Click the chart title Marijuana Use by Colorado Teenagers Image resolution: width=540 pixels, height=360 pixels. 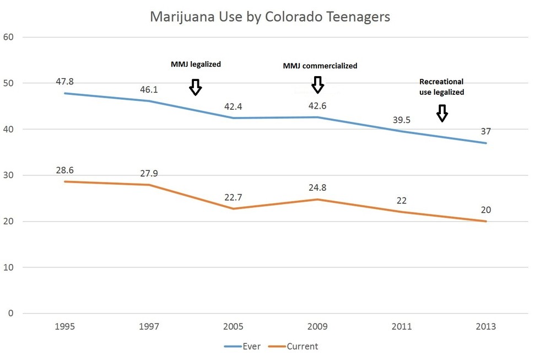pyautogui.click(x=270, y=17)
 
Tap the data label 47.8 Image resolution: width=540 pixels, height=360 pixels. pyautogui.click(x=65, y=82)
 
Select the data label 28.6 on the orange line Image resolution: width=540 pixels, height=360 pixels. pyautogui.click(x=65, y=170)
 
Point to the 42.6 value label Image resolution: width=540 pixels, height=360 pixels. pyautogui.click(x=317, y=106)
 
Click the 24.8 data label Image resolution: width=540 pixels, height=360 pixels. pyautogui.click(x=317, y=188)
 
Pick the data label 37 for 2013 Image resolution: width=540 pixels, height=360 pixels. pyautogui.click(x=485, y=131)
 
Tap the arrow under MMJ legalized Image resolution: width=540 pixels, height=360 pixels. pyautogui.click(x=195, y=87)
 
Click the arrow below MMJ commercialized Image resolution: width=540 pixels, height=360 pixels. pyautogui.click(x=317, y=84)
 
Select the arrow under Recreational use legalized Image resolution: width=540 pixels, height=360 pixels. pyautogui.click(x=441, y=113)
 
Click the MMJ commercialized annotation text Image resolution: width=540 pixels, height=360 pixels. pyautogui.click(x=320, y=66)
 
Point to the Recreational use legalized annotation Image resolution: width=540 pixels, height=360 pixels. pyautogui.click(x=441, y=87)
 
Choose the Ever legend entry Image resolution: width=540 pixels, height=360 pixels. pyautogui.click(x=242, y=346)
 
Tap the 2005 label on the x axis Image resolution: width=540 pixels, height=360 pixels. pyautogui.click(x=233, y=326)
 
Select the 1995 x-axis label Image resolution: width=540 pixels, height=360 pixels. pyautogui.click(x=65, y=326)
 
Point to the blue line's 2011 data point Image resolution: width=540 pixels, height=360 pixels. pyautogui.click(x=402, y=131)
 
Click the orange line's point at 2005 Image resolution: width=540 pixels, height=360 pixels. pyautogui.click(x=233, y=208)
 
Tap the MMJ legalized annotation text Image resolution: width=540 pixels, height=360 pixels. pyautogui.click(x=196, y=65)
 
